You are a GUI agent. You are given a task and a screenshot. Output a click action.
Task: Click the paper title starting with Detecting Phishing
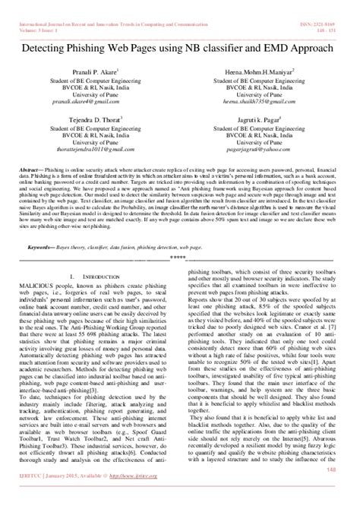(180, 46)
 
